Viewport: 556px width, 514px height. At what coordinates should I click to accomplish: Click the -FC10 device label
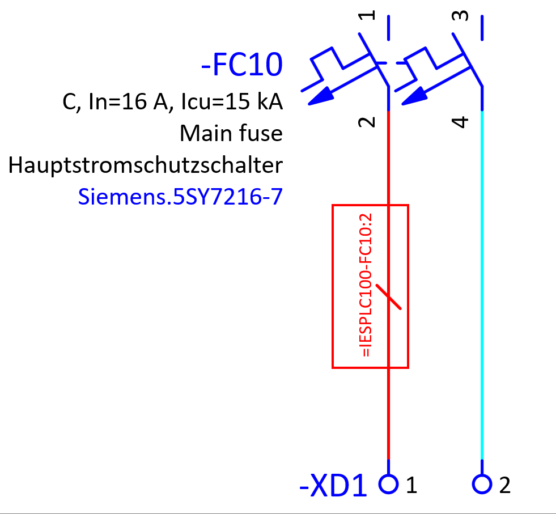point(241,65)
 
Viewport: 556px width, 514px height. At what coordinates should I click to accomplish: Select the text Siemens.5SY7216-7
point(180,197)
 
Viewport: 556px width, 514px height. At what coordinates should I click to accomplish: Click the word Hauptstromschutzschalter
point(145,165)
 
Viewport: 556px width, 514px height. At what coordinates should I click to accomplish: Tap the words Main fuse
point(231,134)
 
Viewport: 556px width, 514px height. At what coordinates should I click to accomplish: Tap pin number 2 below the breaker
point(369,121)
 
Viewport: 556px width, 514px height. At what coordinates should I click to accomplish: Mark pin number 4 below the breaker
point(462,121)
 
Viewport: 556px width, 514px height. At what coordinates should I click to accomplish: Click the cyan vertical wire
point(482,283)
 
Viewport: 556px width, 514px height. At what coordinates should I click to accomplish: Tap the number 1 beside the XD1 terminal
point(411,485)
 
